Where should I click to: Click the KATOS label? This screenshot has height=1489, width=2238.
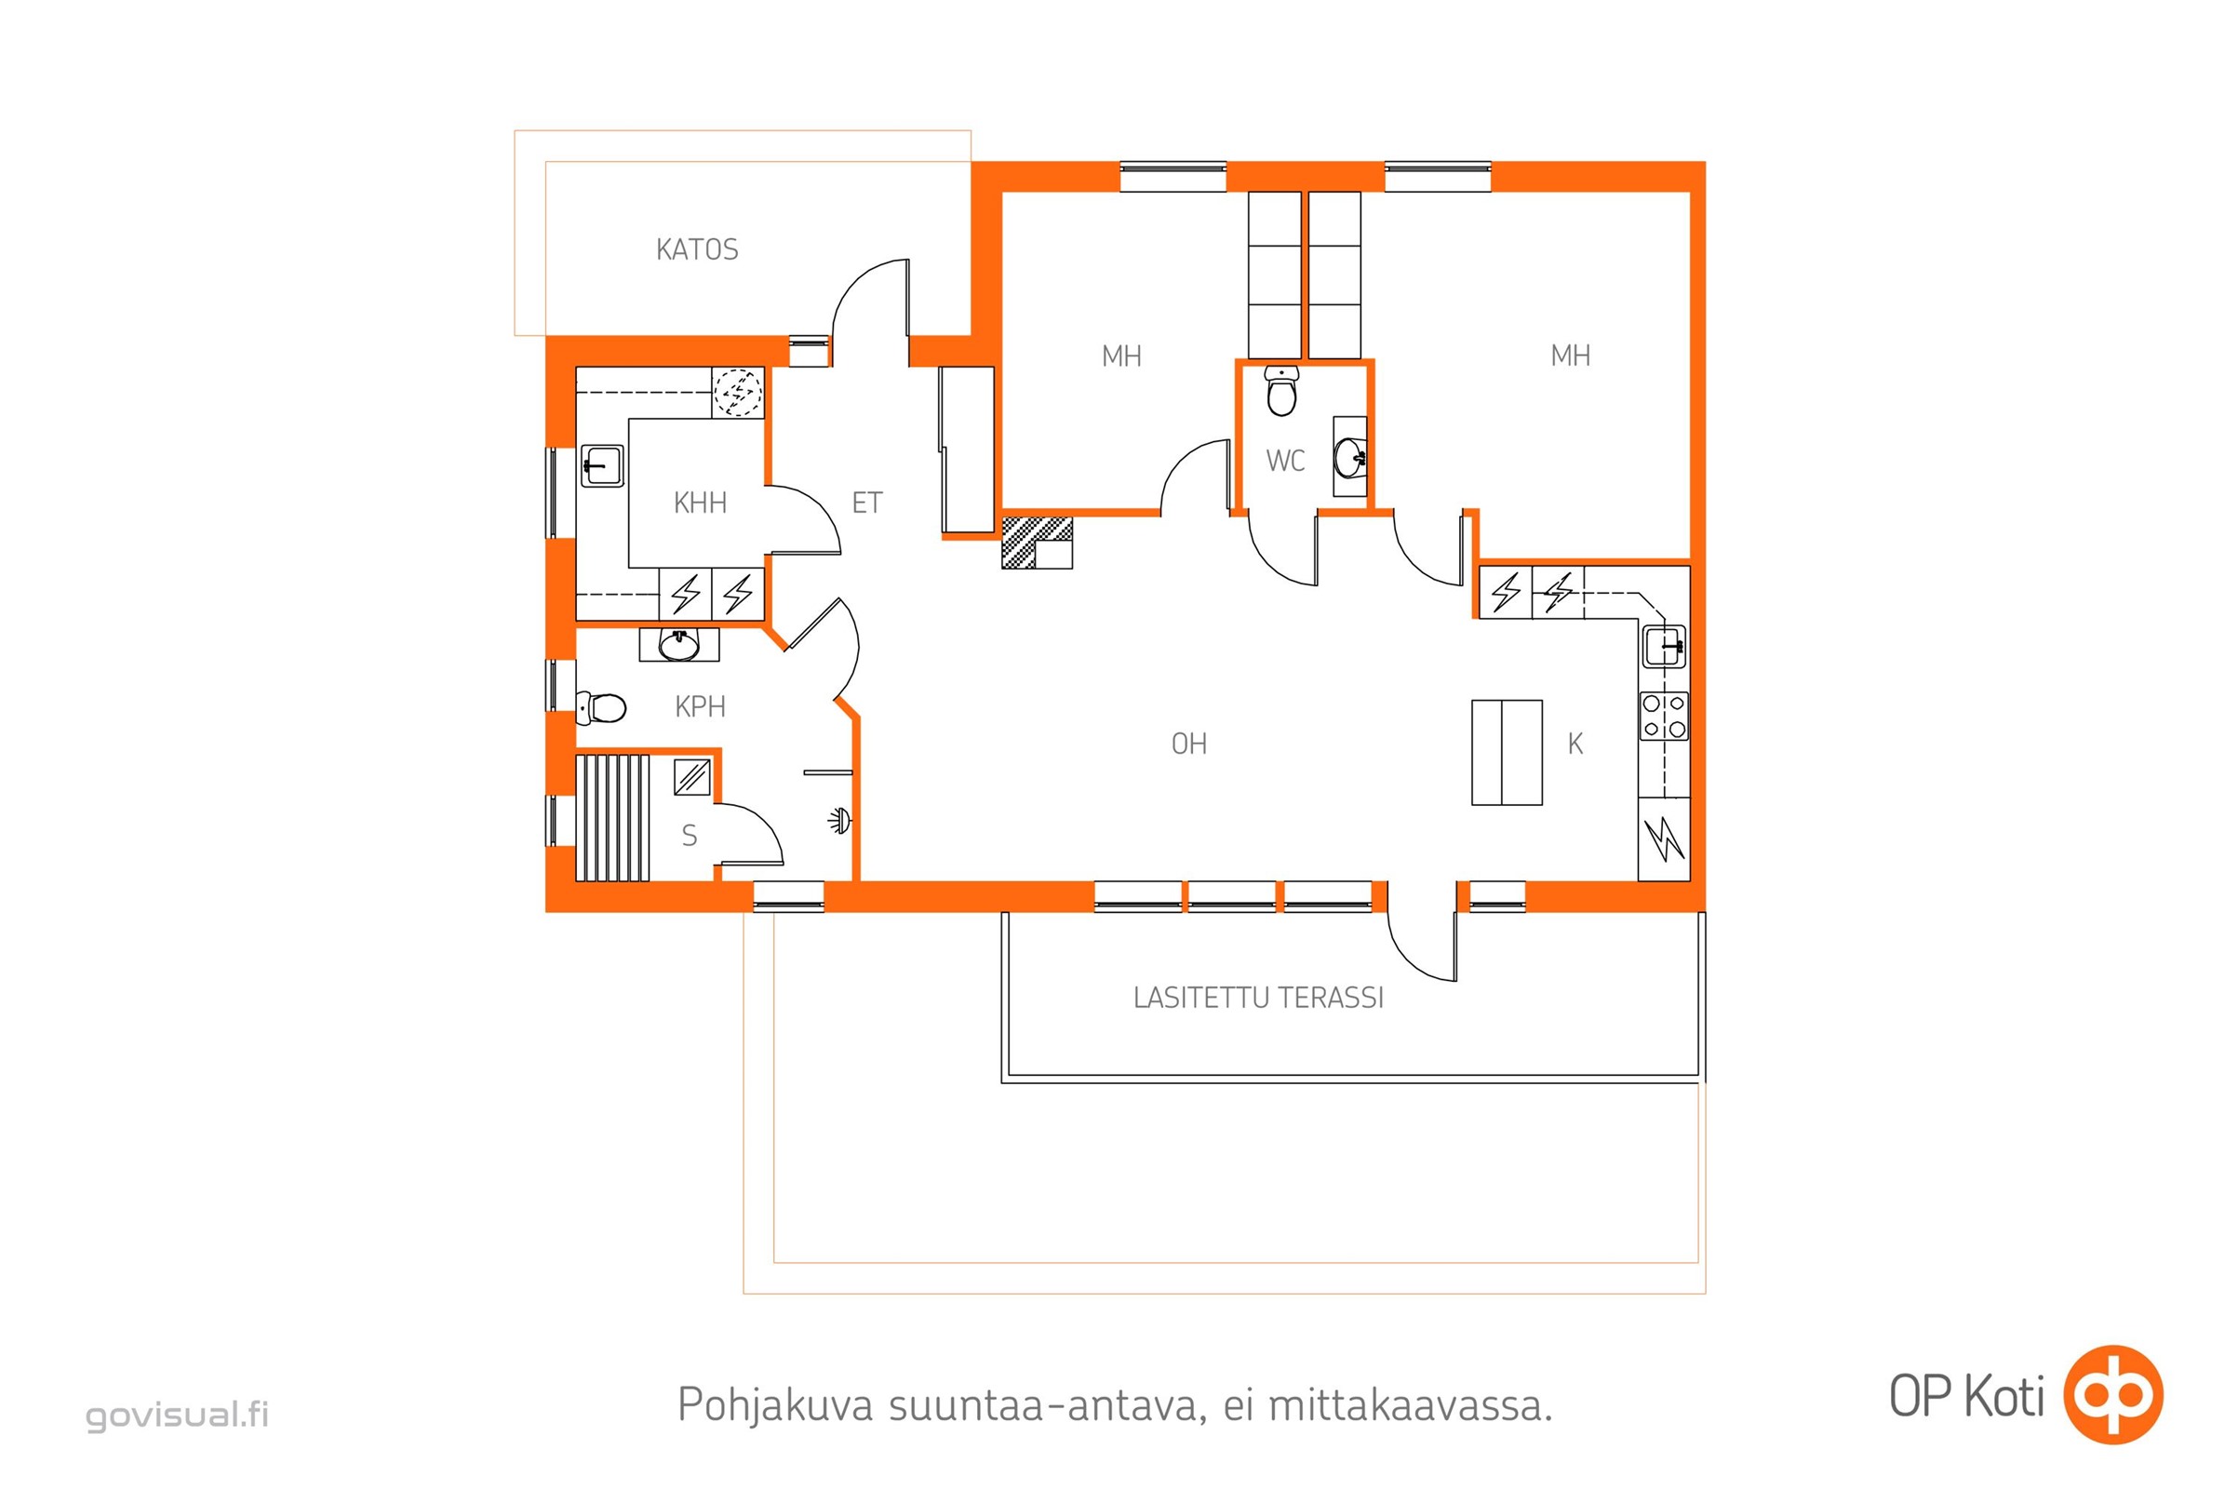point(697,249)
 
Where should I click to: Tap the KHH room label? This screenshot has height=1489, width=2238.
point(700,503)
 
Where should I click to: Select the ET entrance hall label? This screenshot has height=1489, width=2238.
point(867,503)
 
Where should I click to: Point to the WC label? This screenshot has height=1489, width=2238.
point(1286,462)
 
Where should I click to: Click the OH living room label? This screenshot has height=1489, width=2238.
point(1188,744)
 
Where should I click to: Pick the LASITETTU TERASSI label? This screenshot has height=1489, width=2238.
point(1258,998)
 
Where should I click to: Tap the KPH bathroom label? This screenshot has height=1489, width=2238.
point(700,706)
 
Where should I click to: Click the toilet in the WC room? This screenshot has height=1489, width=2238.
point(1281,391)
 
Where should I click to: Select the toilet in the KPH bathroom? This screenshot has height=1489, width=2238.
point(601,707)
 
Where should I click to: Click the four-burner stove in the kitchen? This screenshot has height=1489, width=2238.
point(1665,716)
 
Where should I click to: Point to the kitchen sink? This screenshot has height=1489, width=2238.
point(1665,646)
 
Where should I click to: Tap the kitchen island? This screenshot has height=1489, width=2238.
point(1507,753)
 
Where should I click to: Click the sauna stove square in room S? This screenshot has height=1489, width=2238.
point(692,777)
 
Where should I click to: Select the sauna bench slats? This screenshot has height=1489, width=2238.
point(612,818)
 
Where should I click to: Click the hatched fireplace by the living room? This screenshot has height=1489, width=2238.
point(1037,543)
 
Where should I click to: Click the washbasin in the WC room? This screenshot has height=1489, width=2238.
point(1350,457)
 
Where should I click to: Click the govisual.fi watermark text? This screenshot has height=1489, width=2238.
point(178,1415)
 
